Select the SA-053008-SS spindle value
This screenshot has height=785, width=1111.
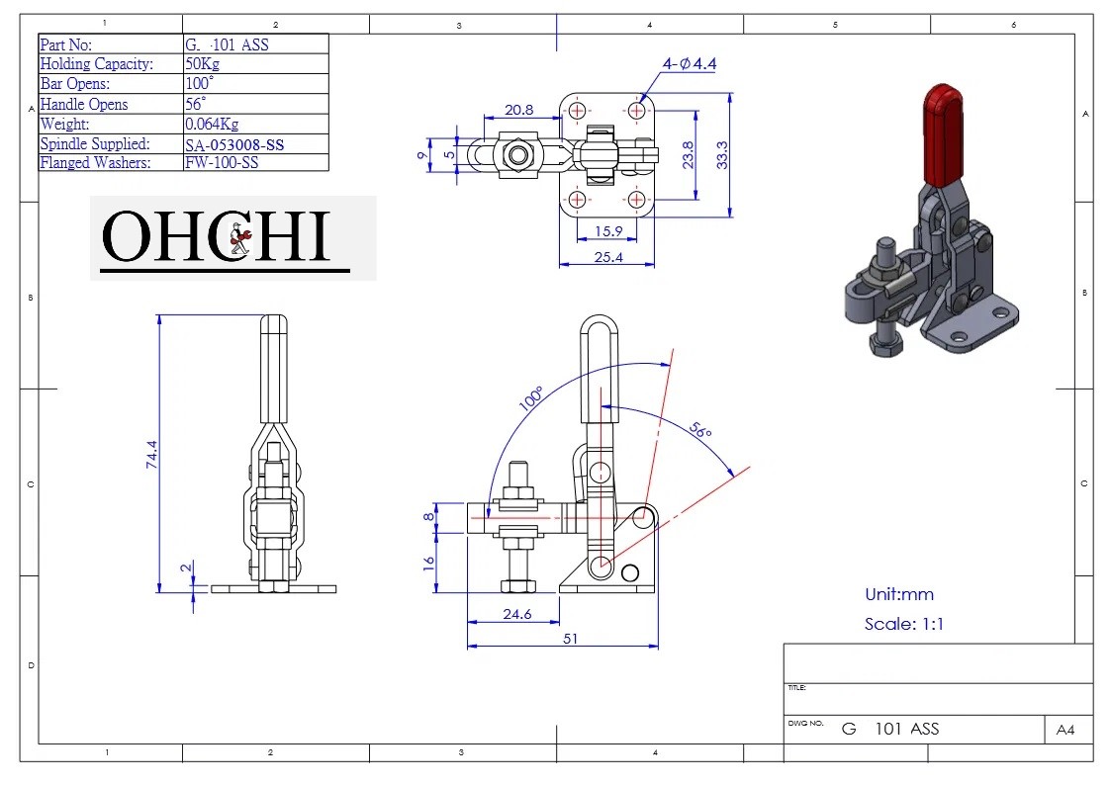click(240, 144)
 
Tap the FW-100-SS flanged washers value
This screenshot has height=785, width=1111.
click(222, 163)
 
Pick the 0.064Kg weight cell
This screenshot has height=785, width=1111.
click(212, 125)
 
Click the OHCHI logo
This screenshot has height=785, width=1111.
click(227, 238)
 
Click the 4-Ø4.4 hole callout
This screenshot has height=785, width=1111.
click(690, 64)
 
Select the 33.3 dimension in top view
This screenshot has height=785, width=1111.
click(722, 154)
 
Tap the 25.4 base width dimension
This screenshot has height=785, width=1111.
click(606, 257)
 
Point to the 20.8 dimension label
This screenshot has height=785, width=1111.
click(517, 110)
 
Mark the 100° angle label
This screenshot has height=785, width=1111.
click(531, 397)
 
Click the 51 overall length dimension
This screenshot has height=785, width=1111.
click(570, 639)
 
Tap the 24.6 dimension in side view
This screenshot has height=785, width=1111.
click(516, 614)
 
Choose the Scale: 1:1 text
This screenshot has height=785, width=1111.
click(903, 624)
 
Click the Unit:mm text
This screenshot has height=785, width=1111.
click(898, 594)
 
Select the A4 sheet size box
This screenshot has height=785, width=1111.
click(1065, 730)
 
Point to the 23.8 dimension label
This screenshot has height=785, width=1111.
click(689, 155)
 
